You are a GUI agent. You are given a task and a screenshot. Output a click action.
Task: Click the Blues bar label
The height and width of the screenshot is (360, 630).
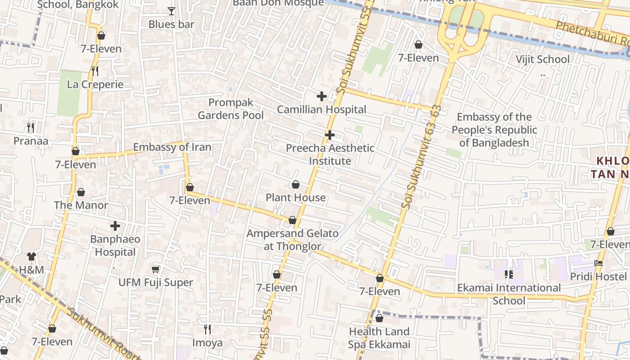coord(171,24)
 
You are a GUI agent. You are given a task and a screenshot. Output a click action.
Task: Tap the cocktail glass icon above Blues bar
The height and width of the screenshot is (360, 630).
coord(171,11)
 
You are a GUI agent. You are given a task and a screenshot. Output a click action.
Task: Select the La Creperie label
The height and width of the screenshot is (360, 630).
coord(95,84)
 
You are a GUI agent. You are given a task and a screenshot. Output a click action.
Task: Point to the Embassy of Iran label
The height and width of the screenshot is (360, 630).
coord(172,147)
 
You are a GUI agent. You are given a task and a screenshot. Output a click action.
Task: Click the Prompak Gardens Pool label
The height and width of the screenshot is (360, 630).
coord(231,109)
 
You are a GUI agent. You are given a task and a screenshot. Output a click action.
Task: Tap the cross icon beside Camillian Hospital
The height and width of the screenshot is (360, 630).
coord(322,96)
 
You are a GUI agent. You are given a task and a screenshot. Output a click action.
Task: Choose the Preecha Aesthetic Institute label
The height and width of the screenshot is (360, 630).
coord(330,154)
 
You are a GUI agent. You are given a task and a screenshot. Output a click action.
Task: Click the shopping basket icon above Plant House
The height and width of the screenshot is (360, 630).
coord(296,184)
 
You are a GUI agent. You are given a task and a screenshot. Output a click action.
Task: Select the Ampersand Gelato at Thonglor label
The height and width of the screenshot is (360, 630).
coord(292,239)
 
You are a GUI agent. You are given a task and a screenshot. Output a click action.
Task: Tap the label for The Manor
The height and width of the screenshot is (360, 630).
coord(81,205)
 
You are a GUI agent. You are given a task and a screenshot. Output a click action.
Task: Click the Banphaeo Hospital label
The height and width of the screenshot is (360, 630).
coord(115,245)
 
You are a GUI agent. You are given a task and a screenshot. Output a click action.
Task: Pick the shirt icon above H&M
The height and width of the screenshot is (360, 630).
coord(31,256)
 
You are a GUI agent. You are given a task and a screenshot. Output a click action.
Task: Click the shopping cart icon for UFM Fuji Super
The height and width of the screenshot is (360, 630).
coord(156,269)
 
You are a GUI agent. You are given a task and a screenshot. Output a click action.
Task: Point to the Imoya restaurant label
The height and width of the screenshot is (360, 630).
coord(207,343)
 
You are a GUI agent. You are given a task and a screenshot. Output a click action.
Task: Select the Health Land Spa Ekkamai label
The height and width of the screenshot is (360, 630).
coord(379,338)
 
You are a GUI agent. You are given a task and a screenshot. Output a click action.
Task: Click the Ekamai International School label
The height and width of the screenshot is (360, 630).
coord(509,294)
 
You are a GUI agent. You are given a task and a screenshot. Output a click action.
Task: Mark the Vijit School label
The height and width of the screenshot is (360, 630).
coord(542,59)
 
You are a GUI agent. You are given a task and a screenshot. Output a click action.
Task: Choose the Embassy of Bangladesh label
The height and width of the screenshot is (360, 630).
coord(494,130)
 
